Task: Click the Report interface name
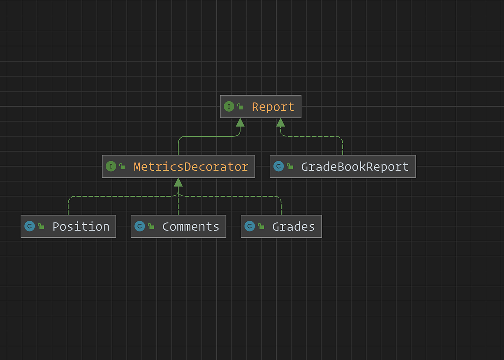(x=273, y=107)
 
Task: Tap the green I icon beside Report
(x=229, y=106)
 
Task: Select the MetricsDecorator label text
(x=191, y=167)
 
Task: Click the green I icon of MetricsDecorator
(x=111, y=166)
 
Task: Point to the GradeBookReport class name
(x=355, y=167)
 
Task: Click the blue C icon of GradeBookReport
(x=278, y=166)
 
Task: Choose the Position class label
(x=81, y=226)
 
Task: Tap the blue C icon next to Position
(x=29, y=226)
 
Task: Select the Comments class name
(x=191, y=226)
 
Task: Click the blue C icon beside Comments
(x=139, y=226)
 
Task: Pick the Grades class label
(x=294, y=226)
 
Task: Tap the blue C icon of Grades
(x=249, y=226)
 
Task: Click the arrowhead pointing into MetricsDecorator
(x=178, y=182)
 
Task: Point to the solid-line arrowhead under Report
(x=240, y=122)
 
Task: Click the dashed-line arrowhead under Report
(x=280, y=122)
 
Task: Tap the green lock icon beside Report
(x=240, y=107)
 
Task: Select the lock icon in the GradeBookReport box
(x=290, y=167)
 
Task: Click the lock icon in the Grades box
(x=261, y=226)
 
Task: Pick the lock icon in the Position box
(x=41, y=226)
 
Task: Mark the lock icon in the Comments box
(x=151, y=226)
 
